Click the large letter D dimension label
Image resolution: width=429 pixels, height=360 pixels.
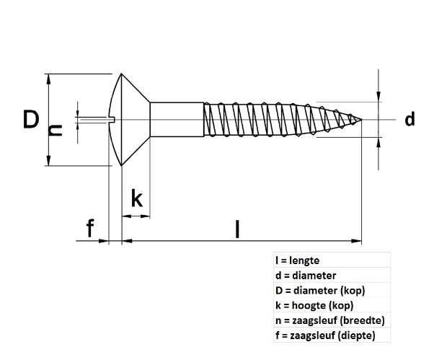[x=30, y=119]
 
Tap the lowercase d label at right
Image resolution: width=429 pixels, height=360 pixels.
[x=410, y=119]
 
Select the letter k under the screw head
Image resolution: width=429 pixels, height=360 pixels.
[x=136, y=198]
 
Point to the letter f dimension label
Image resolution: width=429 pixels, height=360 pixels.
[x=89, y=229]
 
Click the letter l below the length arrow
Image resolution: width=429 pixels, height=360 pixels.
[x=238, y=229]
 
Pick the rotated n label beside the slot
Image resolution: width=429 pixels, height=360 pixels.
[x=55, y=130]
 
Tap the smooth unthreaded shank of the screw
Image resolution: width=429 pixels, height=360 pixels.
[x=175, y=120]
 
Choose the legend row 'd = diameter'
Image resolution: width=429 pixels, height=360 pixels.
[x=306, y=276]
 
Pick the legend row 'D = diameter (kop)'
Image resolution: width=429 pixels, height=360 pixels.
[x=320, y=291]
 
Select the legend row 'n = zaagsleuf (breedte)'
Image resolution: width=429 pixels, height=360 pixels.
[x=329, y=320]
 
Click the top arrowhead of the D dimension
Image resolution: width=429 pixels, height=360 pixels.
[x=48, y=78]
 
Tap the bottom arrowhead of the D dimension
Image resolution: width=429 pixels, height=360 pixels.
[x=48, y=162]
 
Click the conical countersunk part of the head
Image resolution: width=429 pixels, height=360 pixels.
[x=133, y=120]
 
